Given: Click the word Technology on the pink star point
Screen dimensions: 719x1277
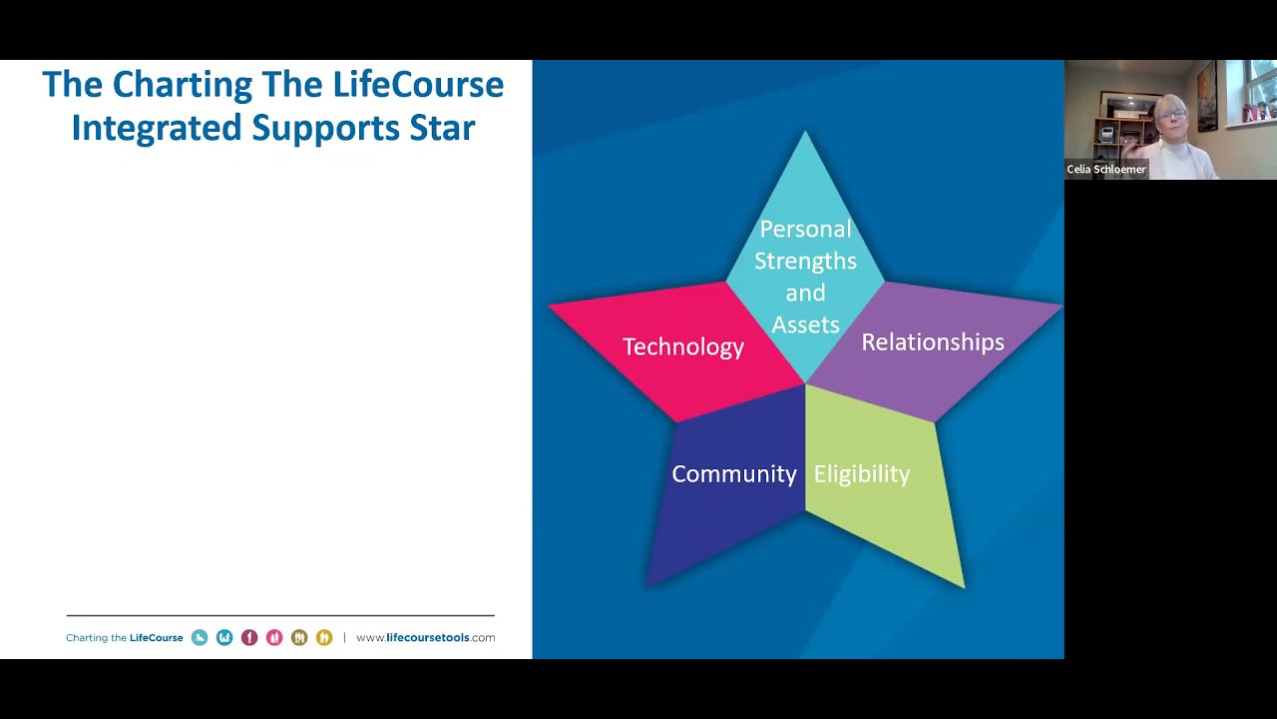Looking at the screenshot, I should [682, 347].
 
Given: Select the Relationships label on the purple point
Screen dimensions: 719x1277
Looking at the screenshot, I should [932, 342].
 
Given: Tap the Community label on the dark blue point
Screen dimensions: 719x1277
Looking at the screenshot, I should [733, 473].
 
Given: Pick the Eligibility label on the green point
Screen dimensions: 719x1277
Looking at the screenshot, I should [861, 473].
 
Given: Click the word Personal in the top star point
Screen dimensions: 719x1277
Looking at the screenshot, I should [805, 229].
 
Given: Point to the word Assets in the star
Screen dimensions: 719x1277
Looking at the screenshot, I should [805, 325].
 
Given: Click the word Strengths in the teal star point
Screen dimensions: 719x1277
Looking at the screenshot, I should [805, 261].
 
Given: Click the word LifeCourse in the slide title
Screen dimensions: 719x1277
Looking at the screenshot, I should [418, 84].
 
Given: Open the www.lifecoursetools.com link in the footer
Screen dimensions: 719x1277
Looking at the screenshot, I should [425, 637].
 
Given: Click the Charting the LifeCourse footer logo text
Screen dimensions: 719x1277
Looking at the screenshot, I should [125, 637].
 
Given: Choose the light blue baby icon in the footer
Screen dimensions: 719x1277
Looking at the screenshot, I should [200, 637].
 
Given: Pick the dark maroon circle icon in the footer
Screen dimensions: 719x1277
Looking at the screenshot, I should [249, 637].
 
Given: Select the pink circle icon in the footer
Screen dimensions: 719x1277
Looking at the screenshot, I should [274, 637].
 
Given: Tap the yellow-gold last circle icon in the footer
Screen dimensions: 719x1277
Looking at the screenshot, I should [324, 637].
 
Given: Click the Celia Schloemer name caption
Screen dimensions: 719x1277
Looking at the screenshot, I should [1105, 170].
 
